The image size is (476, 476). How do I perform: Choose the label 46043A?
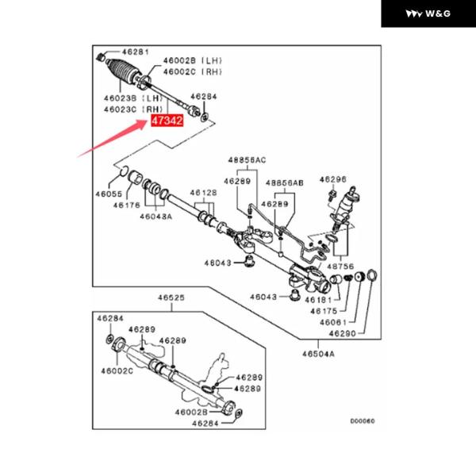click(156, 216)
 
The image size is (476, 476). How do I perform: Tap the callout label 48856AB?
click(285, 182)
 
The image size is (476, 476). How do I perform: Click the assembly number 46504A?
click(318, 355)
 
